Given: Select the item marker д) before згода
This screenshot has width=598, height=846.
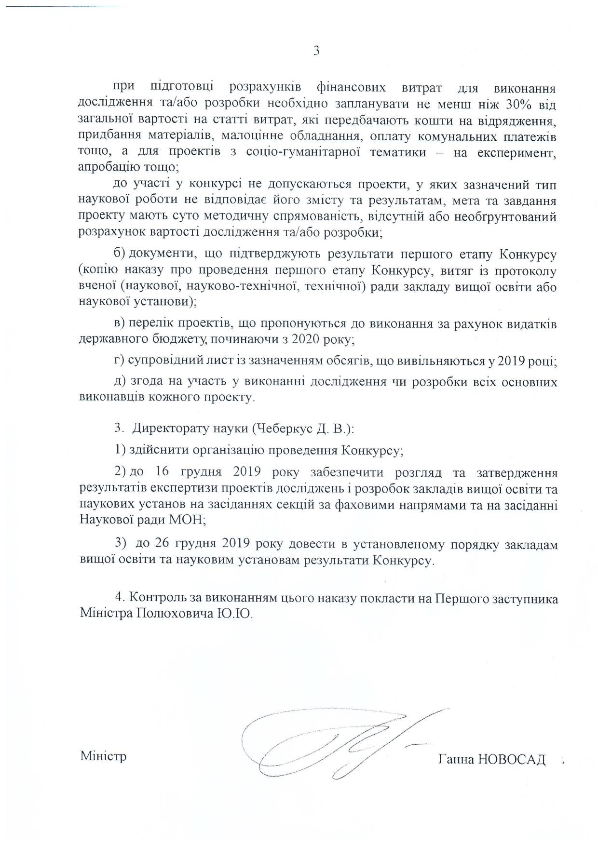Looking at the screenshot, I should [x=120, y=382].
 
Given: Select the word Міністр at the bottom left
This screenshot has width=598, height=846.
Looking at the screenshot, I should [x=104, y=755].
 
